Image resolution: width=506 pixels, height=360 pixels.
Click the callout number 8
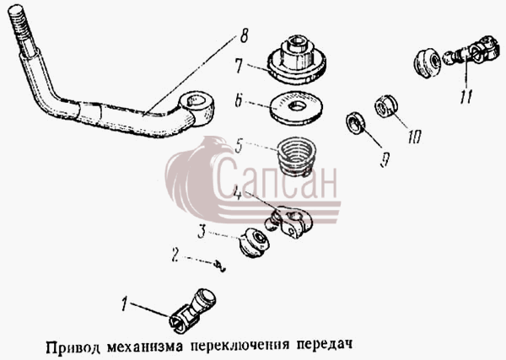[244, 35]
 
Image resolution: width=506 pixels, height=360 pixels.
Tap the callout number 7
[239, 66]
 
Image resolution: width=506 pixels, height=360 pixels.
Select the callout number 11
[467, 96]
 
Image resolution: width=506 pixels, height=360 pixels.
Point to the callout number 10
[414, 137]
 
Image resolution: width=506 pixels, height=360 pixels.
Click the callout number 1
[125, 304]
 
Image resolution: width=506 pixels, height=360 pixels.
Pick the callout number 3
[202, 232]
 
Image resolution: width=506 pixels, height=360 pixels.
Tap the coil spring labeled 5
[297, 156]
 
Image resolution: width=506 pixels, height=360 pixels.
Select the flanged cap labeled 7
[297, 59]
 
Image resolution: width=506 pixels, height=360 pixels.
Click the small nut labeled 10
[386, 106]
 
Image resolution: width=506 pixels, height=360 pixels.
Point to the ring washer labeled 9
[356, 123]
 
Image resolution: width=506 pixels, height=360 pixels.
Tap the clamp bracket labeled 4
[288, 222]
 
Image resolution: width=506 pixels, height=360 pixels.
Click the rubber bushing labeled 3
[255, 243]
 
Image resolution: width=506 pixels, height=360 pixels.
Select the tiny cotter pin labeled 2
[220, 266]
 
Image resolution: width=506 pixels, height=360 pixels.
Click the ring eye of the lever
[198, 107]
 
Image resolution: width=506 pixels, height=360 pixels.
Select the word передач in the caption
[325, 345]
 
